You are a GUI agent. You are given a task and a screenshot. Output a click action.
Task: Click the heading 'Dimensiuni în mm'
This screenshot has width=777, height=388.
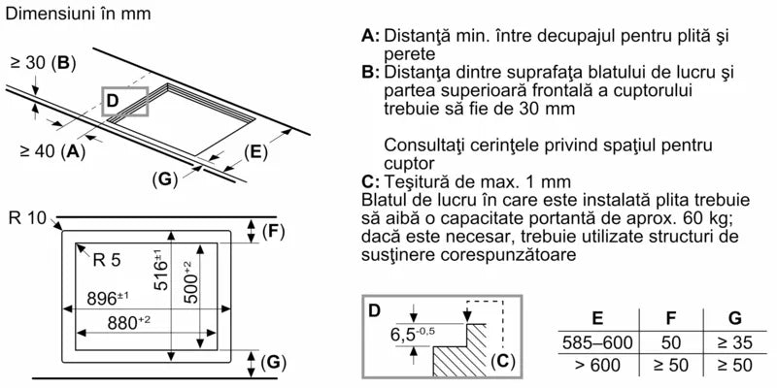coord(75,16)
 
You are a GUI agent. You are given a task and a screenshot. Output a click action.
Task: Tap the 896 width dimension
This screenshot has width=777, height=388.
coord(108,297)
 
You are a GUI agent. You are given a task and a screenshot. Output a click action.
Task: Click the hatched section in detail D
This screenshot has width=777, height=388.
coord(458,359)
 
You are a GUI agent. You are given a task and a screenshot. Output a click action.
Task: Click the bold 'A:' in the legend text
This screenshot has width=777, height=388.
coord(371,36)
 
